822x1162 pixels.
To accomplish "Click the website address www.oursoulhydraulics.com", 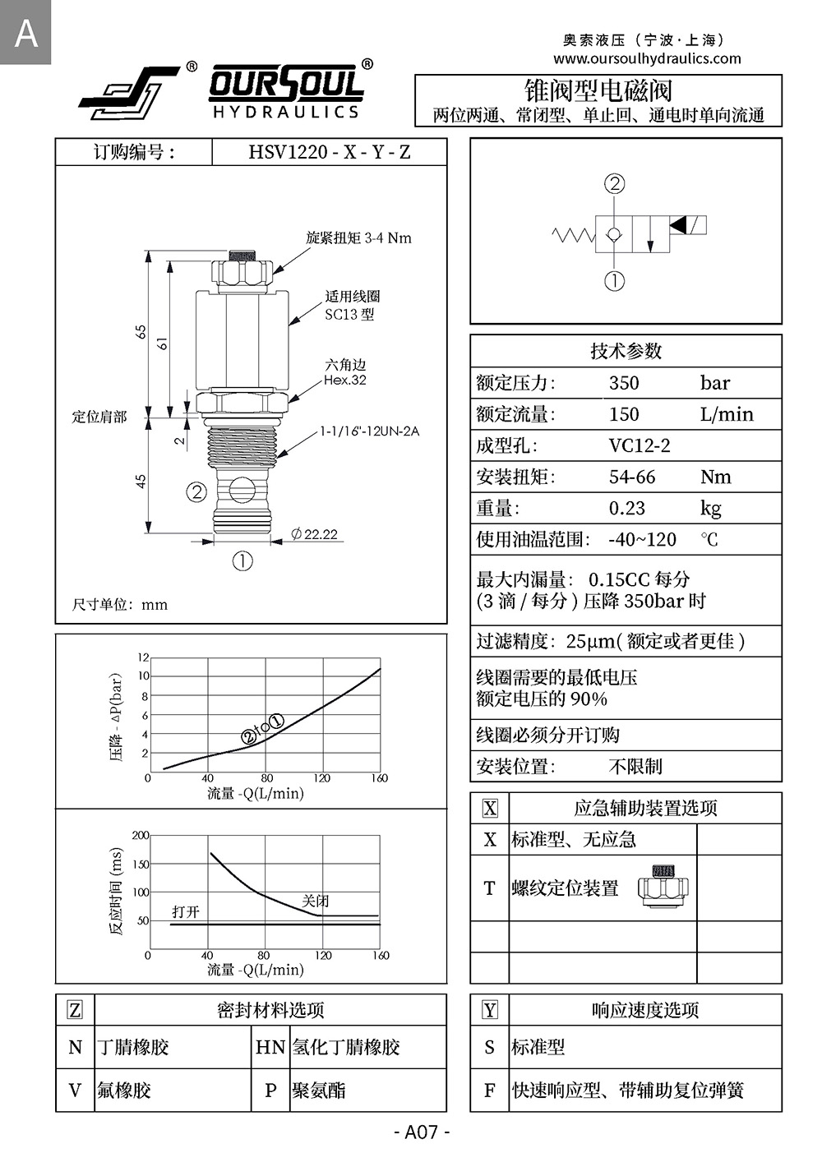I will tap(647, 58).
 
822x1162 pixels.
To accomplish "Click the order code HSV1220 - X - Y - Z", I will tap(329, 152).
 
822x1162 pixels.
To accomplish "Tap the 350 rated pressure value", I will tap(624, 383).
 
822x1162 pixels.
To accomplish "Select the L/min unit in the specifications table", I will tap(727, 414).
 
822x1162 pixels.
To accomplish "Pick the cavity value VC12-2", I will tap(640, 445).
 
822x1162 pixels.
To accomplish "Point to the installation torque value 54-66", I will tap(632, 477).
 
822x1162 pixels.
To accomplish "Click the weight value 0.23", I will tap(626, 508).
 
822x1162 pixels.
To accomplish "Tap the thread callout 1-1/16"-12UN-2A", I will tap(369, 431).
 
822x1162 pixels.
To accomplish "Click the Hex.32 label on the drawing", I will tap(345, 380).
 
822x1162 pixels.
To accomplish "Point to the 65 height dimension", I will tap(141, 332).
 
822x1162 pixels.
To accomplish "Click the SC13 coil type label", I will tap(349, 314).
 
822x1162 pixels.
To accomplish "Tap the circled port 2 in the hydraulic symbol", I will tap(615, 184).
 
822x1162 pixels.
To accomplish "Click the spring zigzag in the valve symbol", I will tap(573, 236).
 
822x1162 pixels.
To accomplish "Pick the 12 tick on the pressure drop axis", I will tap(144, 657).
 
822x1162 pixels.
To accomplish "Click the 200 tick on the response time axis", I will tap(141, 836).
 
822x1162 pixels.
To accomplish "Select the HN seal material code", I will tap(270, 1047).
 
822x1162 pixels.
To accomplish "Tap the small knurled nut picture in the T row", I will tap(663, 888).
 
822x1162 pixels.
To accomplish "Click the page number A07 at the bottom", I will tap(422, 1132).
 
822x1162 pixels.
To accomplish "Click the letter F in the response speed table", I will tap(490, 1091).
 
